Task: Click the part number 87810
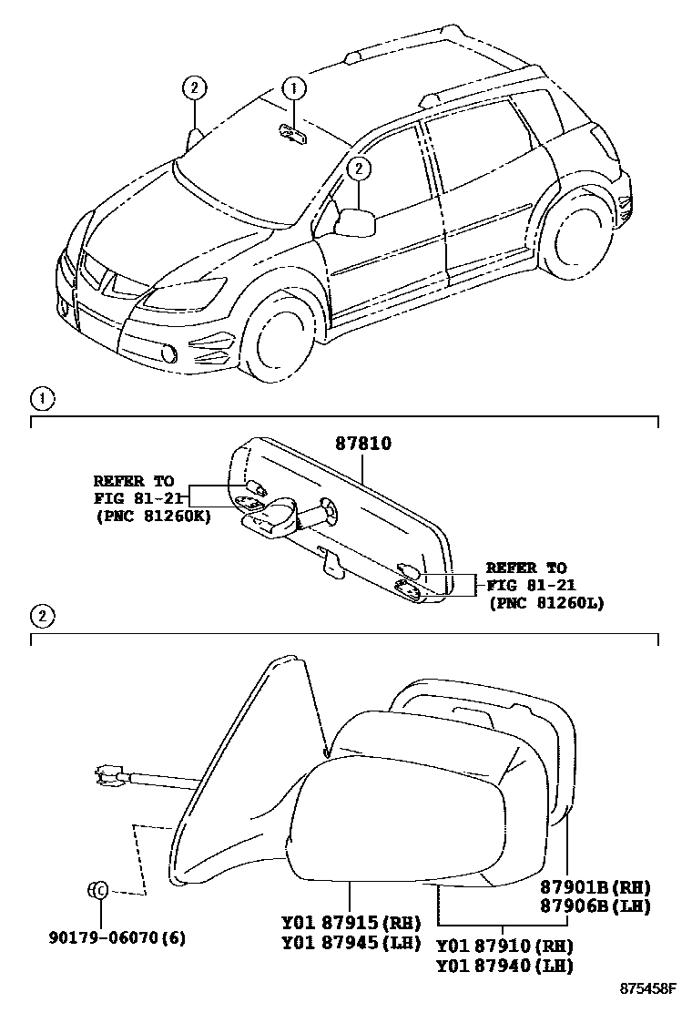pos(363,444)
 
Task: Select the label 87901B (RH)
pos(595,887)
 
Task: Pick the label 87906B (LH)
pos(595,906)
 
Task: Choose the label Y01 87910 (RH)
pos(506,947)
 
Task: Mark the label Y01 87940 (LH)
pos(506,966)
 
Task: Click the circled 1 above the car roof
pos(292,88)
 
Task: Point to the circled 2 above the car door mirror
pos(360,168)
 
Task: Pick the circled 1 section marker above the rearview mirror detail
pos(40,399)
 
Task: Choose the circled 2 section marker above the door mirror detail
pos(40,617)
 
